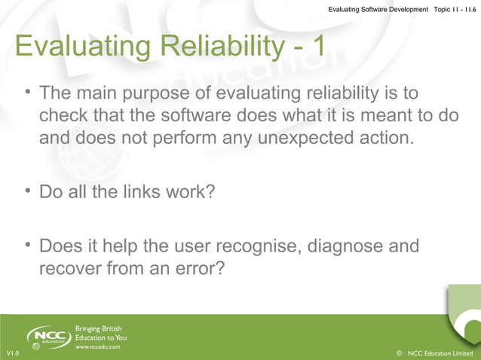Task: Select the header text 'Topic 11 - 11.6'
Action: pos(449,8)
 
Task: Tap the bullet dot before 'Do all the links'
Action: pos(27,191)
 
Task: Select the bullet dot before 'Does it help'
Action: pos(27,246)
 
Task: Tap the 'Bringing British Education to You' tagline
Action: pos(101,332)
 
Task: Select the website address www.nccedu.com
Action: pos(97,349)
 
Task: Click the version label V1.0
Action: pos(12,353)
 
